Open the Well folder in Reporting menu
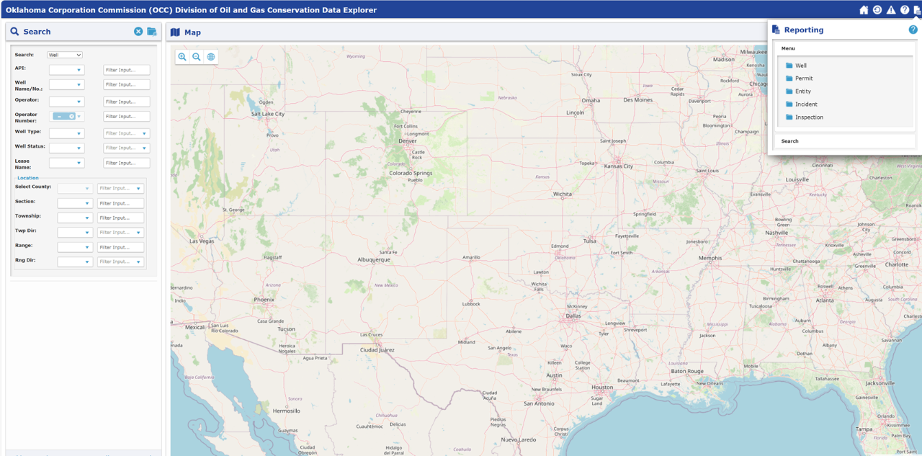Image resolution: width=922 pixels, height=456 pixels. pos(800,66)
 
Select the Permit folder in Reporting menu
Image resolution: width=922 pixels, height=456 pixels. pos(803,79)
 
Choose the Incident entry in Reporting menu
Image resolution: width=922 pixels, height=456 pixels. pos(806,104)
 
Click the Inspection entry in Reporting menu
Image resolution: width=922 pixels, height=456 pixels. pos(809,117)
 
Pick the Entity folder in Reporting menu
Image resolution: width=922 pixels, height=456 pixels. pos(802,91)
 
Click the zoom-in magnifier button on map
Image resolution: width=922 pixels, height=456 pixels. pos(182,57)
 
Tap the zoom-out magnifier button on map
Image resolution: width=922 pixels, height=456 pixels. pos(197,57)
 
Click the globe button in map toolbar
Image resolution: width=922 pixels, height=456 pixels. pos(210,57)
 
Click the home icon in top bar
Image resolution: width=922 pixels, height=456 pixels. pos(864,10)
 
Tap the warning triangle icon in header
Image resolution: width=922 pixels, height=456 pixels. pos(891,10)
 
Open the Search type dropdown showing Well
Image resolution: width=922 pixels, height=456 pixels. pos(65,55)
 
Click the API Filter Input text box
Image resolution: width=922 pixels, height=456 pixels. pos(127,70)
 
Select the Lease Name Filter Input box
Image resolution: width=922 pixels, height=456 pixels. pos(127,163)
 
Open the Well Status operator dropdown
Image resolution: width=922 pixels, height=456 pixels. pos(66,148)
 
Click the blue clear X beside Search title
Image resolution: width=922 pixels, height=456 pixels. pos(138,32)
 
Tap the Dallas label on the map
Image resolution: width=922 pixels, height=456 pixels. pos(573,316)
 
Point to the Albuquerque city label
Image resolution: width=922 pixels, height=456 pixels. pos(374,259)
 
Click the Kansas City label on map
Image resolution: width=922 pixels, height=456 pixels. pos(618,166)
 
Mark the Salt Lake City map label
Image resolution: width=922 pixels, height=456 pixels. pos(268,114)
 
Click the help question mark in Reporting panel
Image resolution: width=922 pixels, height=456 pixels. pos(913,30)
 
